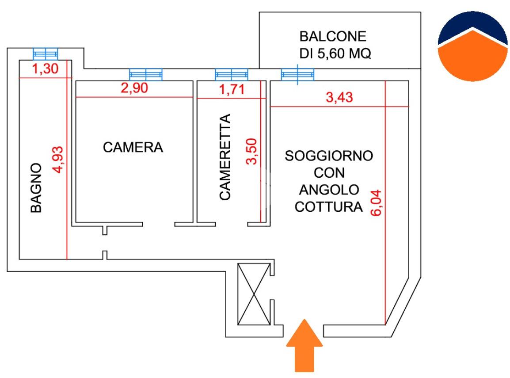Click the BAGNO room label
36,188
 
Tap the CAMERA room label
133,147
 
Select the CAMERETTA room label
225,158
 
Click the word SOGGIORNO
329,156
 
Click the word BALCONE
333,36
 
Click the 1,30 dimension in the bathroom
44,70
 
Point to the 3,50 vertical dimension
252,151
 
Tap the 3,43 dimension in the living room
339,97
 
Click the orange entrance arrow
305,345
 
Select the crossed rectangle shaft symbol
254,294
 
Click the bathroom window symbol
46,53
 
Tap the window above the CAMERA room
146,75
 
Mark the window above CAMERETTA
232,75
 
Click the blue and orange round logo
472,46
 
